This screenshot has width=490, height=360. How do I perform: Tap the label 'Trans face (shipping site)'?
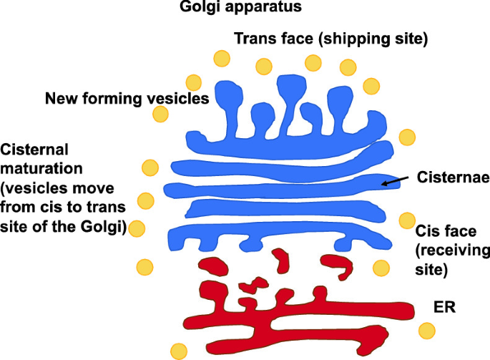(331, 39)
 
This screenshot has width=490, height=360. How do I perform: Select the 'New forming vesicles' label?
(127, 98)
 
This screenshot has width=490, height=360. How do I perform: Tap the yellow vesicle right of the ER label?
(428, 331)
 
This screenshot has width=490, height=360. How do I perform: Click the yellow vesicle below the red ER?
(180, 351)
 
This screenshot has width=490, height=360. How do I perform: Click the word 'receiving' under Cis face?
(450, 251)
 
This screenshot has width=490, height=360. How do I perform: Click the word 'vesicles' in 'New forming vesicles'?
(180, 98)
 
